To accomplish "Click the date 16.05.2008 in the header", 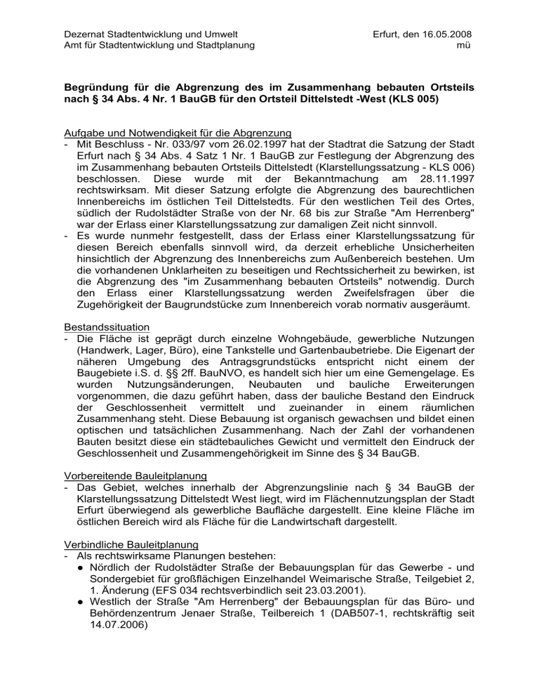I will click(x=444, y=34).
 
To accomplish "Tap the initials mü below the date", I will click(x=463, y=46).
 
